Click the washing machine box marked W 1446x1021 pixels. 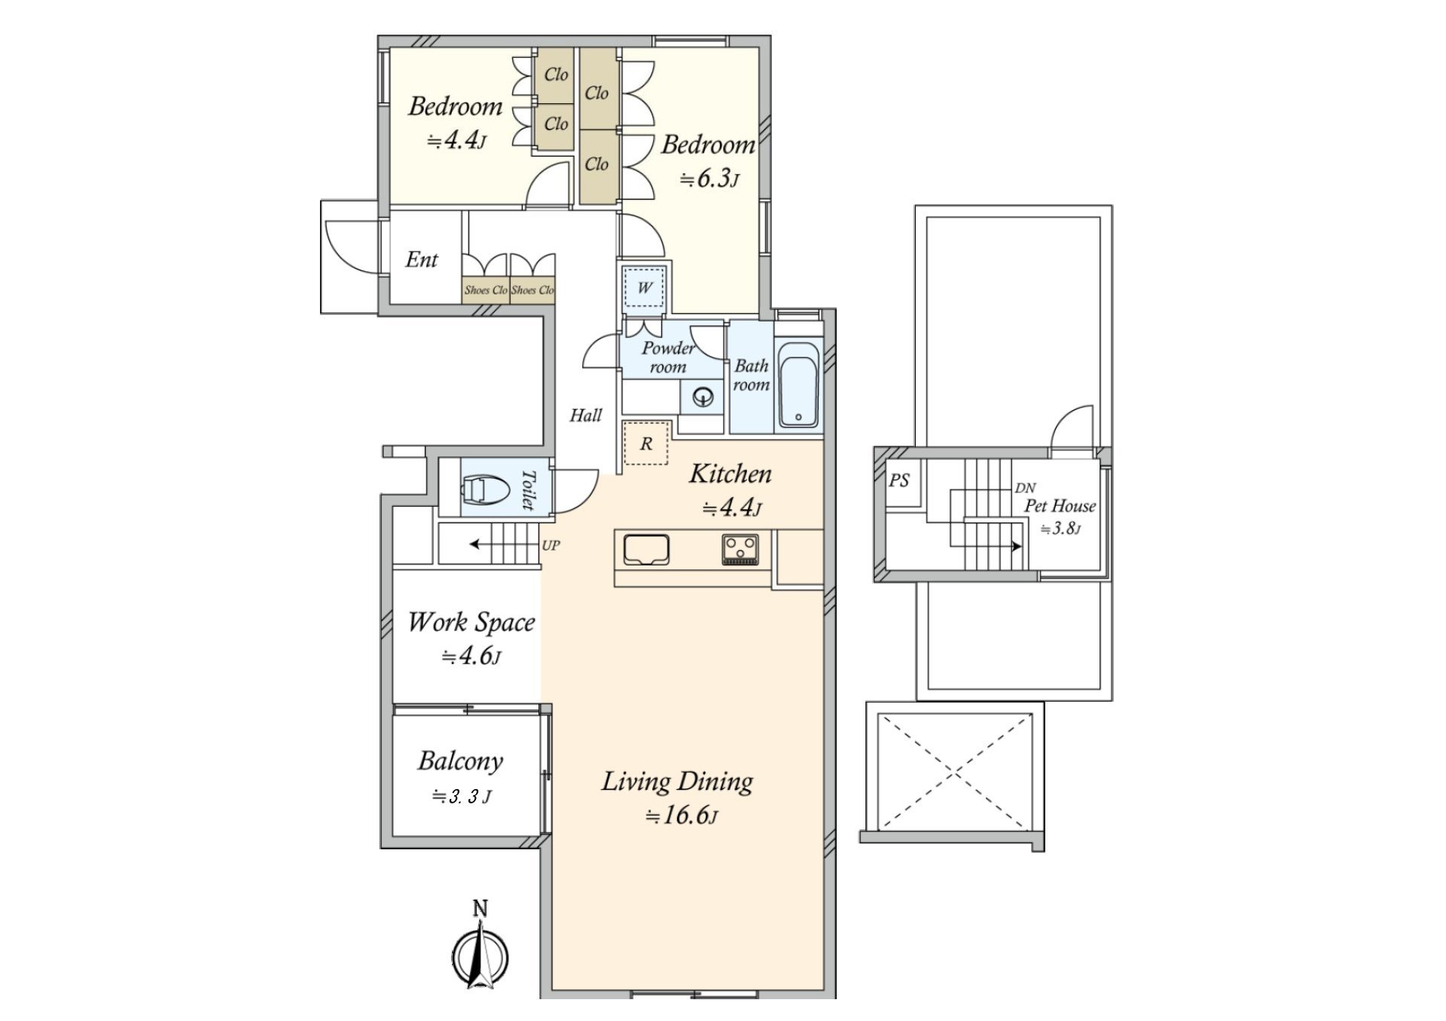coord(645,287)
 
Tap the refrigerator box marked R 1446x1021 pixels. coord(645,443)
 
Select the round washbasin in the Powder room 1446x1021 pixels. coord(703,396)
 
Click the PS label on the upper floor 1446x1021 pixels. coord(899,480)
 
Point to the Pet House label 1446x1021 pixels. coord(1060,506)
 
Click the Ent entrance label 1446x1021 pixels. coord(421,260)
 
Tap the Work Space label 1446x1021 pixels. coord(471,622)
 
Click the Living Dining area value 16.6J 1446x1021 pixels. coord(682,815)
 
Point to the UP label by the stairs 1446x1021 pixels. coord(551,545)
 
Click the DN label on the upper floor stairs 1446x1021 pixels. coord(1025,488)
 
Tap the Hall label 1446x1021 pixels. coord(585,415)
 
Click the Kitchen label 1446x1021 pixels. coord(731,474)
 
